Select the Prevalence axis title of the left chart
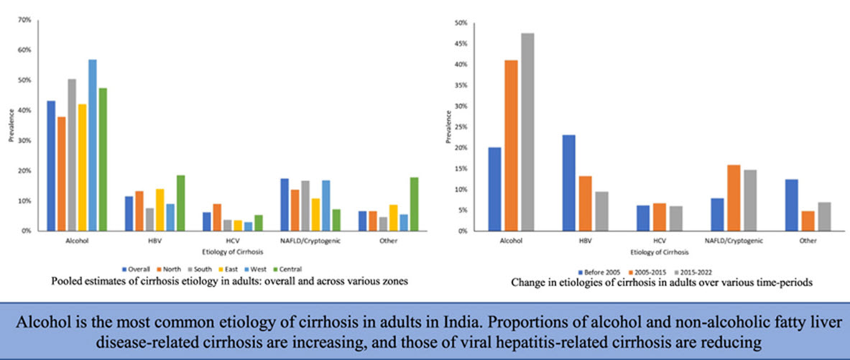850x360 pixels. [x=11, y=126]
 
